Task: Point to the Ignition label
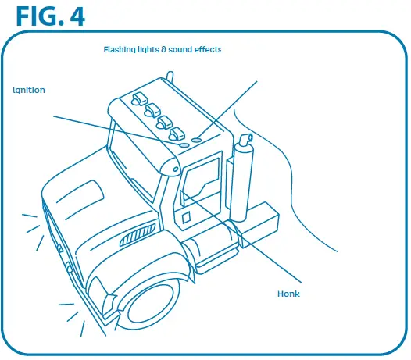(x=29, y=90)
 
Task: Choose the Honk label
(x=289, y=294)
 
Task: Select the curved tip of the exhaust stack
(x=246, y=141)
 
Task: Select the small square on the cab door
(x=186, y=219)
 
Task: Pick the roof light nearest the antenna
(x=141, y=98)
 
